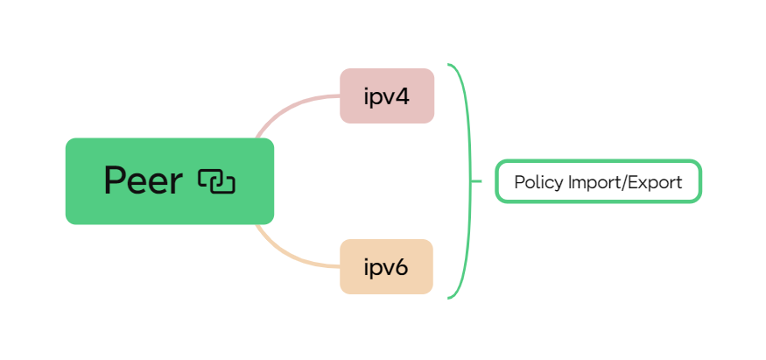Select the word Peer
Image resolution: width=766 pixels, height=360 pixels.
[x=143, y=181]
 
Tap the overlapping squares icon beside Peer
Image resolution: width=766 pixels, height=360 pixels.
[x=216, y=181]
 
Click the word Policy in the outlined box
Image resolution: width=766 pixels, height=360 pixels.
[x=538, y=182]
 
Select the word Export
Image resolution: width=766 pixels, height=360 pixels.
[x=654, y=182]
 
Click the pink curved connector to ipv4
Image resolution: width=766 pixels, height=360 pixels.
[x=289, y=106]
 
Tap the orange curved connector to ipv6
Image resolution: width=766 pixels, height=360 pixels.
[x=289, y=257]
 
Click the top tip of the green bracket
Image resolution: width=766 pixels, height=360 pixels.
[x=449, y=65]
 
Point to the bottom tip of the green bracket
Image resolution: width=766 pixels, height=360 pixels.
[x=449, y=298]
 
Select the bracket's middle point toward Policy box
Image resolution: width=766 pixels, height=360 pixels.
[x=478, y=181]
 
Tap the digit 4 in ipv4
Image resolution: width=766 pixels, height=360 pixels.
[x=403, y=95]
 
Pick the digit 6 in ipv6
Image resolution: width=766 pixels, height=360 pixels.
[x=402, y=266]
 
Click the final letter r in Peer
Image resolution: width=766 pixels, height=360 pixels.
[x=176, y=183]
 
